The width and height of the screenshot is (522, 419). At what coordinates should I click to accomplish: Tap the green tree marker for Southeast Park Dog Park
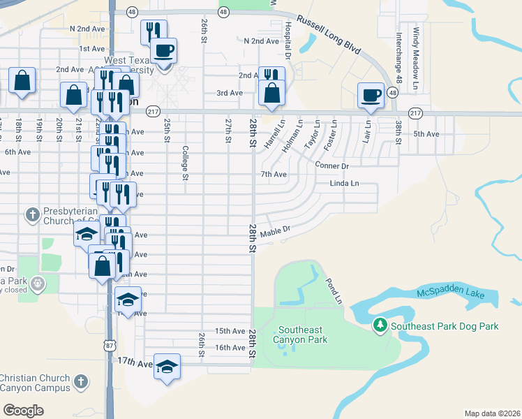(x=380, y=325)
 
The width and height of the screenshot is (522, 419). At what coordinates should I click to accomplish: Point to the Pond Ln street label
(x=334, y=291)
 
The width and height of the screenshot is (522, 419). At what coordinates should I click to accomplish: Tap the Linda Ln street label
(x=344, y=184)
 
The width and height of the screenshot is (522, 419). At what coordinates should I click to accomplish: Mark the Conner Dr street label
(x=331, y=166)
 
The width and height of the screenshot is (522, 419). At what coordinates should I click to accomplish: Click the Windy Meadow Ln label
(x=416, y=52)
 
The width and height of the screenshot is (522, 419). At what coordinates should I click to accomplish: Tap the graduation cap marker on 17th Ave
(x=167, y=366)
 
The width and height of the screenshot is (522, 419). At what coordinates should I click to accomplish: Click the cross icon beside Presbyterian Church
(x=32, y=214)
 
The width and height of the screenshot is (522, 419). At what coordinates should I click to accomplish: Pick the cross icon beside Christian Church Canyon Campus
(x=81, y=381)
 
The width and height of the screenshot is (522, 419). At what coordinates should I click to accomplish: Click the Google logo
(x=23, y=410)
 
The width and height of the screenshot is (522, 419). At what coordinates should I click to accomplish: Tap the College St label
(x=186, y=162)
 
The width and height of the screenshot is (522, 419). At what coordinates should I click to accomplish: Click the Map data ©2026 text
(x=491, y=413)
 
